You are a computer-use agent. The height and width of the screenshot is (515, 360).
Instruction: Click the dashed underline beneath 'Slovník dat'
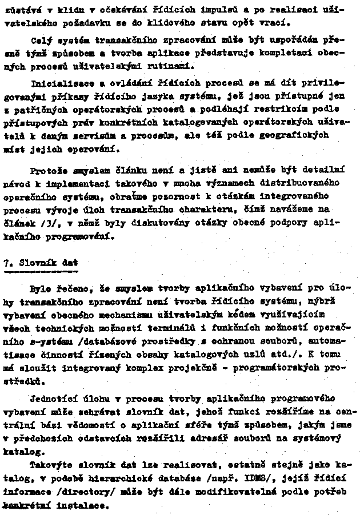(41, 272)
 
